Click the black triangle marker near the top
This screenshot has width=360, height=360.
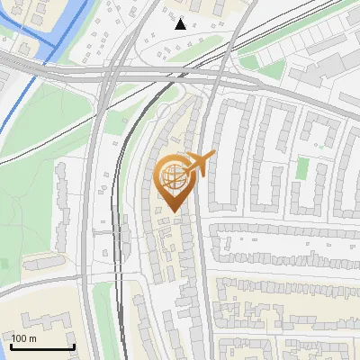181,24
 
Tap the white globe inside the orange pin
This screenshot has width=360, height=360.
173,176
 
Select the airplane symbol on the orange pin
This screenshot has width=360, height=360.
198,164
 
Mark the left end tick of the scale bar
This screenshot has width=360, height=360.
12,346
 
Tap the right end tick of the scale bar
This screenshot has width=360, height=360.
73,346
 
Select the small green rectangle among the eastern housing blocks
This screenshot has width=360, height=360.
302,168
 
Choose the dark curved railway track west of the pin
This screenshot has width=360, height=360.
126,180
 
